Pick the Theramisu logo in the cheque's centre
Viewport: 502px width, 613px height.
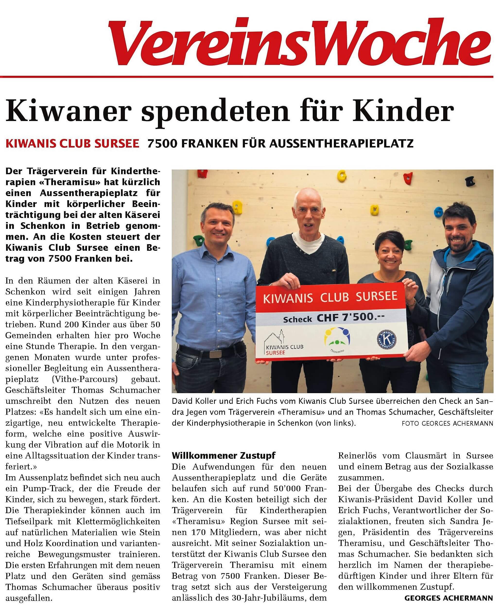[x=338, y=338]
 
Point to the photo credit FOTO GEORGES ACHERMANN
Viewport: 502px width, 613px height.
[x=447, y=423]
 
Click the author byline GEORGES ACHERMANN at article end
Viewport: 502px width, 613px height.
[x=449, y=598]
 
